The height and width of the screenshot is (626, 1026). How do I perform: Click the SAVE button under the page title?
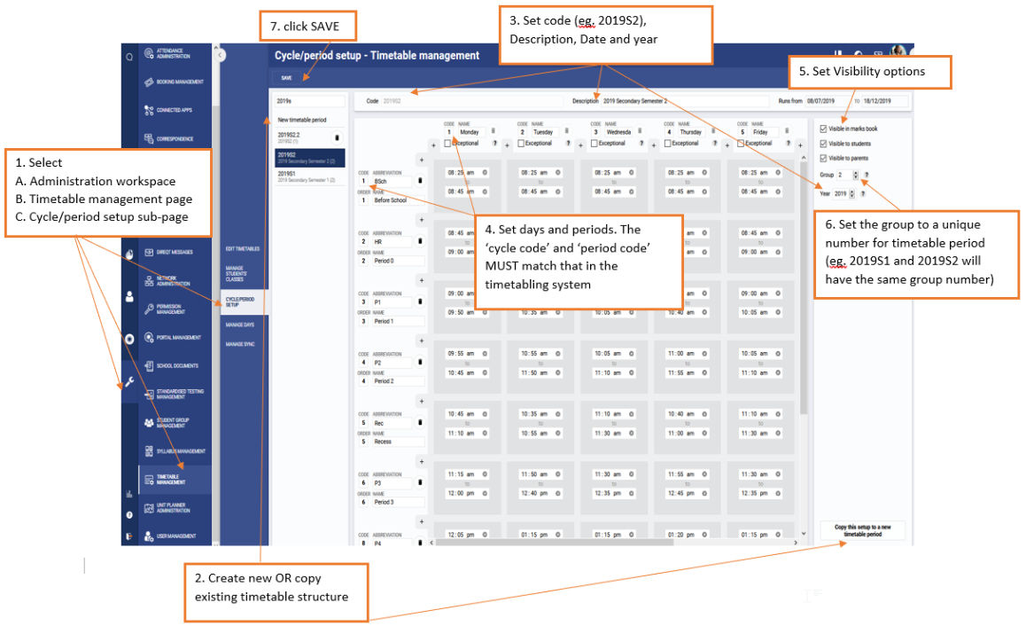pos(286,78)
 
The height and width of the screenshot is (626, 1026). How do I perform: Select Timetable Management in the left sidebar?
pos(170,479)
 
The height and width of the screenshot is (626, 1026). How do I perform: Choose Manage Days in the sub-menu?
pos(240,325)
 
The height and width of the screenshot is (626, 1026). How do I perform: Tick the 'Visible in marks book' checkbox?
pos(824,129)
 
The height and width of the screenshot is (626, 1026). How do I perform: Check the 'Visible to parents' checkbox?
pos(824,158)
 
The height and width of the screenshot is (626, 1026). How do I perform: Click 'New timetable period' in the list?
pos(302,120)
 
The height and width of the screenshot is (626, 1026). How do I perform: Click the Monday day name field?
pos(470,132)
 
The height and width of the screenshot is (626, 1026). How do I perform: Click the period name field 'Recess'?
pos(397,442)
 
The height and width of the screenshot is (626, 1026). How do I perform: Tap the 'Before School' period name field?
pos(397,200)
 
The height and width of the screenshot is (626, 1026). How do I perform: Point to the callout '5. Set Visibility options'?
pos(868,72)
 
